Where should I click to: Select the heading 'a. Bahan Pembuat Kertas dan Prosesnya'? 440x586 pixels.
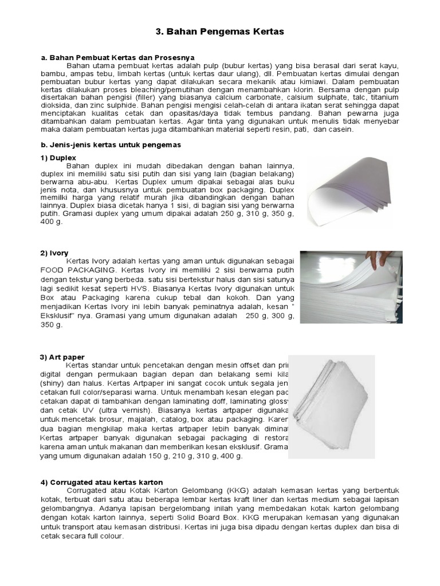117,58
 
